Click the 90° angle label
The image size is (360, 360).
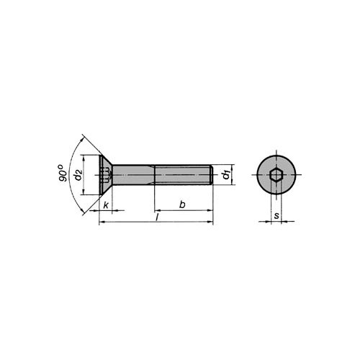[x=62, y=173]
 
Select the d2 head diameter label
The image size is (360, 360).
[x=78, y=175]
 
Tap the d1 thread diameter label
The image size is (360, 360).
[x=226, y=174]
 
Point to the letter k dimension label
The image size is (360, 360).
[x=106, y=205]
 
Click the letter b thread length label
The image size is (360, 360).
[x=182, y=204]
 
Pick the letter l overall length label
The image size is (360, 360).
[x=157, y=217]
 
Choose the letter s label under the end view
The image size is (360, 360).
[x=276, y=215]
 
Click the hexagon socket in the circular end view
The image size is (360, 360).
[x=276, y=175]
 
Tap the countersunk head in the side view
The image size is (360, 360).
[x=106, y=175]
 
